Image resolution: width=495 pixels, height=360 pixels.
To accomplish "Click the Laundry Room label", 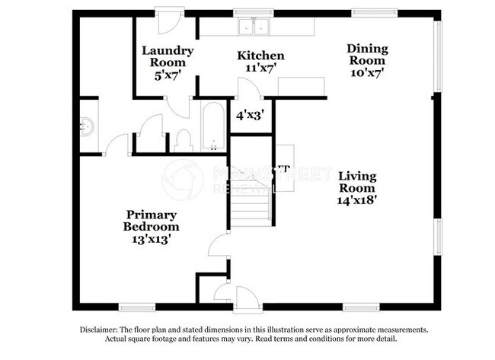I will pyautogui.click(x=167, y=57).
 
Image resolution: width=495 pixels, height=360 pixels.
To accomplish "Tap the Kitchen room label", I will pyautogui.click(x=260, y=56).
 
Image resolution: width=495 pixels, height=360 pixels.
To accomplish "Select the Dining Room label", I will pyautogui.click(x=367, y=54).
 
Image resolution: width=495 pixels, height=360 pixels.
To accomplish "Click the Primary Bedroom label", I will pyautogui.click(x=152, y=221).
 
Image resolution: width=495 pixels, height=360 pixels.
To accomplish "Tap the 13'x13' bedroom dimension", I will pyautogui.click(x=151, y=238).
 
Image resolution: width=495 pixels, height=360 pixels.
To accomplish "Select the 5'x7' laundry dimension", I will pyautogui.click(x=167, y=75).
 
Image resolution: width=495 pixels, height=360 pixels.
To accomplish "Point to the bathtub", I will pyautogui.click(x=212, y=127).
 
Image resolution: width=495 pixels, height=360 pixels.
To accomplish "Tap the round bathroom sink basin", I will pyautogui.click(x=86, y=126).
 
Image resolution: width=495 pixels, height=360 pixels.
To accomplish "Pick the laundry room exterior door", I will pyautogui.click(x=169, y=20).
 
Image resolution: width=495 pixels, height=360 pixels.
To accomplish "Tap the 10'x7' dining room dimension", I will pyautogui.click(x=367, y=72).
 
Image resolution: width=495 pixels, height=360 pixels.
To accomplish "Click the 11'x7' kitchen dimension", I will pyautogui.click(x=260, y=68).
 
